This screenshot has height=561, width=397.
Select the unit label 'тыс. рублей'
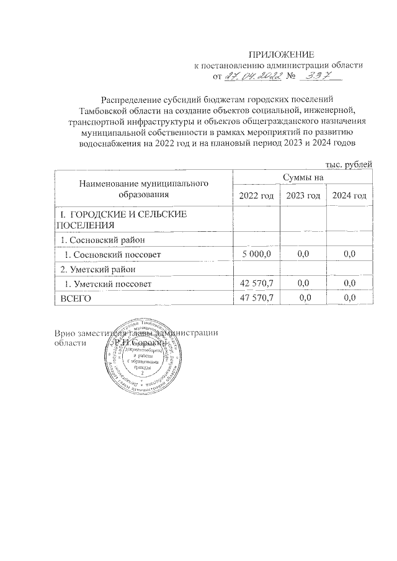pos(349,164)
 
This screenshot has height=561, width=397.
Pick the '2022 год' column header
pos(256,196)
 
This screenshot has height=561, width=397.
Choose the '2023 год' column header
pos(303,196)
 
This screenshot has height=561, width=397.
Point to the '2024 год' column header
pos(349,196)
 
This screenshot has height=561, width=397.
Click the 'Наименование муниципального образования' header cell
pos(143,189)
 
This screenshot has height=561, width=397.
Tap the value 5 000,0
pos(256,254)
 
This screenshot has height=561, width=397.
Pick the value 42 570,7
pos(256,283)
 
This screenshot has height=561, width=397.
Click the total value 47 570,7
pos(256,298)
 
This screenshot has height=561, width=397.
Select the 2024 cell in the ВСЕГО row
pos(349,298)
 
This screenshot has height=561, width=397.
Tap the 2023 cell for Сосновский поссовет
pos(303,254)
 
